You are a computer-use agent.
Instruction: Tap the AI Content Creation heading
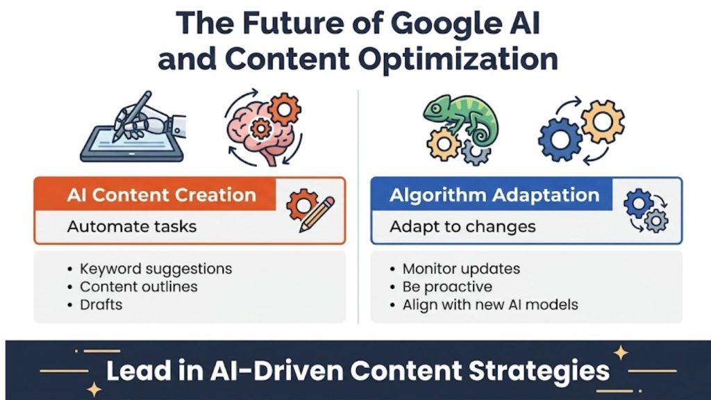pyautogui.click(x=161, y=195)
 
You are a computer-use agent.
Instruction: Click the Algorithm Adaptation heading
pyautogui.click(x=494, y=195)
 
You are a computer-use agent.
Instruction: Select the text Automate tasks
pyautogui.click(x=132, y=226)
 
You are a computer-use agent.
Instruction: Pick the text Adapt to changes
pyautogui.click(x=462, y=226)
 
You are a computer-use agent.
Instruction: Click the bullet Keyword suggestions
pyautogui.click(x=156, y=268)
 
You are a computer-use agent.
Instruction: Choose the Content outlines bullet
pyautogui.click(x=139, y=286)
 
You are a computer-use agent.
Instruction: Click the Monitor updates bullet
pyautogui.click(x=461, y=268)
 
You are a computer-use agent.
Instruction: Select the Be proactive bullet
pyautogui.click(x=447, y=286)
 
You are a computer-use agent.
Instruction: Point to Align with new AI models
pyautogui.click(x=490, y=304)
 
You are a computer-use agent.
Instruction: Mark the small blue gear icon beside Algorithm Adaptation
pyautogui.click(x=637, y=203)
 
